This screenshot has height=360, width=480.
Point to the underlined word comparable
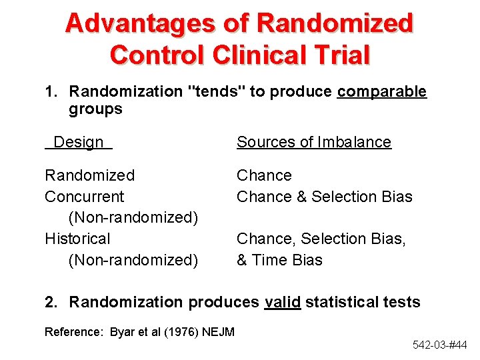pyautogui.click(x=381, y=91)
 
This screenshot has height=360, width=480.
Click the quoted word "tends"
pyautogui.click(x=217, y=91)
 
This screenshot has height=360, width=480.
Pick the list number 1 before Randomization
pyautogui.click(x=49, y=91)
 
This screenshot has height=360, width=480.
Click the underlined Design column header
pyautogui.click(x=79, y=142)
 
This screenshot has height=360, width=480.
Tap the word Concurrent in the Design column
pyautogui.click(x=84, y=197)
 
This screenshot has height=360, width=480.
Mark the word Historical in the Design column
pyautogui.click(x=77, y=239)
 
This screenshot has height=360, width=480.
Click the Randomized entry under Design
pyautogui.click(x=89, y=175)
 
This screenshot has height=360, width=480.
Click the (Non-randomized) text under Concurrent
pyautogui.click(x=133, y=218)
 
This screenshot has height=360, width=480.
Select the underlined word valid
pyautogui.click(x=283, y=302)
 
